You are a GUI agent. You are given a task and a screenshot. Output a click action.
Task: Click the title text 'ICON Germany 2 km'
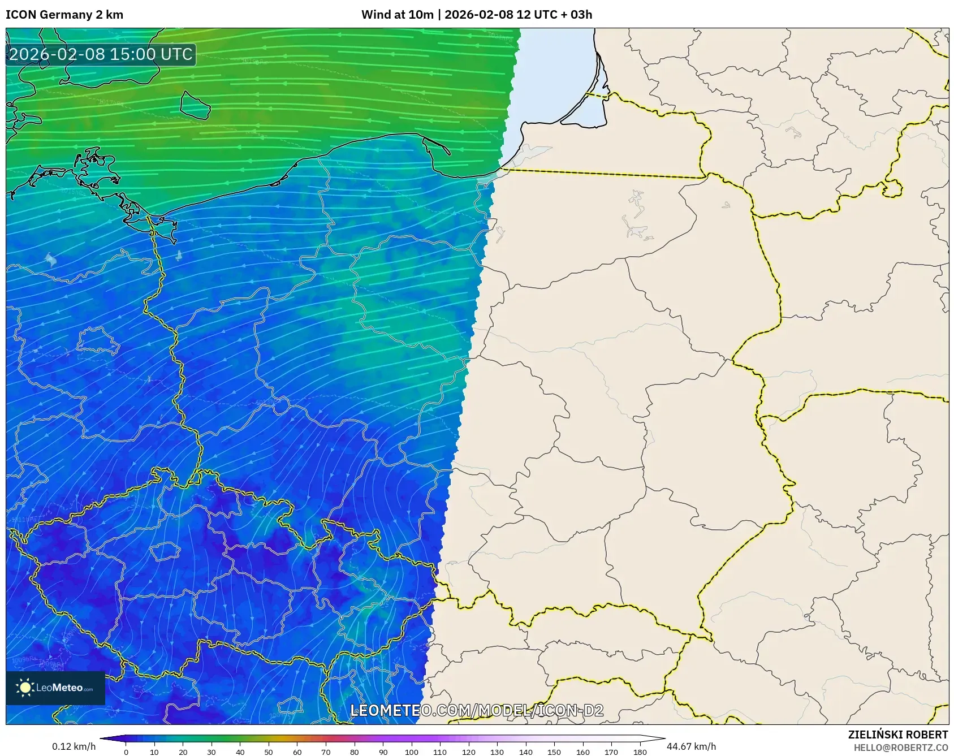(x=64, y=15)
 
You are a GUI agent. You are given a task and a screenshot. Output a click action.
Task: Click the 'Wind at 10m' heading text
(x=398, y=15)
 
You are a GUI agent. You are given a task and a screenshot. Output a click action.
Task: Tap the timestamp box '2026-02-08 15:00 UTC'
(x=101, y=54)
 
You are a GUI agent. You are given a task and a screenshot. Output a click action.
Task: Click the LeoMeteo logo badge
(x=55, y=688)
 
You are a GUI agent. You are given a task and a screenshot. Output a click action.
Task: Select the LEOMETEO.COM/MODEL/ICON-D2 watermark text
(x=477, y=710)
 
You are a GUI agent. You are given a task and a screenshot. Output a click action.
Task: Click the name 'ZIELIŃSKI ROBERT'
(x=897, y=735)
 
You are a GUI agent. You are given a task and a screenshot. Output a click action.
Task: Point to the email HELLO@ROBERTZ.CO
(x=900, y=748)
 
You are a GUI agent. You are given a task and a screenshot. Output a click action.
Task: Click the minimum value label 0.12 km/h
(x=74, y=746)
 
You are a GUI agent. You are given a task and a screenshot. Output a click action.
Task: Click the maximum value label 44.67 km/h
(x=691, y=746)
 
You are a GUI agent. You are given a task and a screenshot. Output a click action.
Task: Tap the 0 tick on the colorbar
(x=126, y=752)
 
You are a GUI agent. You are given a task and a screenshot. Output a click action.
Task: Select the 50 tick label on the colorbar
(x=268, y=752)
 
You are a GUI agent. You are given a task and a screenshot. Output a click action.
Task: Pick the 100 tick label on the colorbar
(x=411, y=752)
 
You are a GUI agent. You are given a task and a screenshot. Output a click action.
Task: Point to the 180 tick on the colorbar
(x=640, y=752)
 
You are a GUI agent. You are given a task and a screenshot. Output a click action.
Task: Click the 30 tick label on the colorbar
(x=211, y=752)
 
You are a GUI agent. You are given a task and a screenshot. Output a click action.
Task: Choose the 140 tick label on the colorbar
(x=525, y=752)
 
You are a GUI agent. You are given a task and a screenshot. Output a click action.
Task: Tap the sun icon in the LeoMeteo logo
(x=25, y=688)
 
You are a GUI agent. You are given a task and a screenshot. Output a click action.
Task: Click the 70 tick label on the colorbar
(x=325, y=752)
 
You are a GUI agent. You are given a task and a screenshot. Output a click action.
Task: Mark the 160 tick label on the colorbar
(x=582, y=752)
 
